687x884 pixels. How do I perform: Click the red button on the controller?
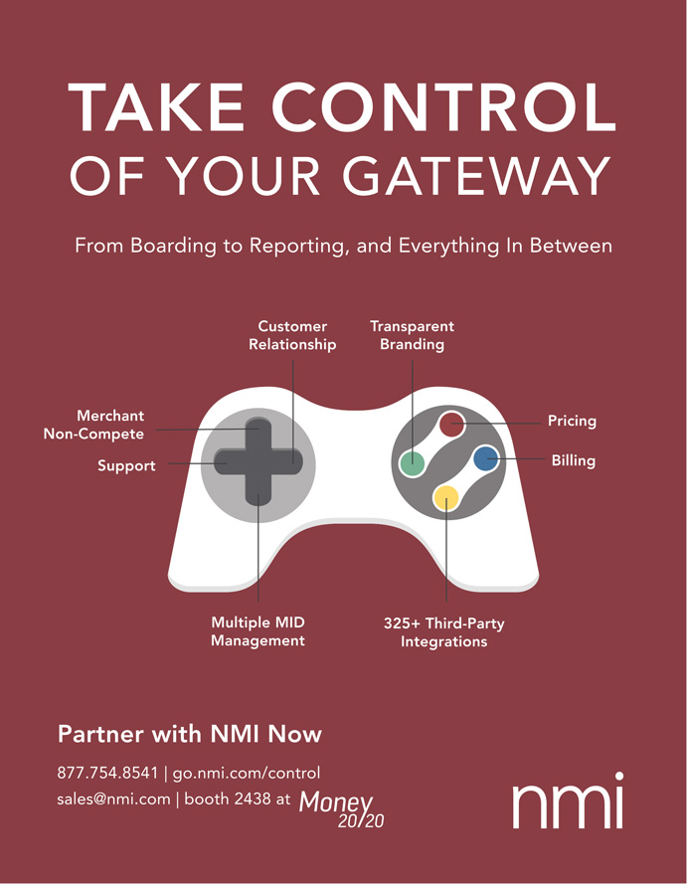pos(452,424)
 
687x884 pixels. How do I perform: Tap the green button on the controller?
pos(412,462)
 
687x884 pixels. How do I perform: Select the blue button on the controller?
pos(485,458)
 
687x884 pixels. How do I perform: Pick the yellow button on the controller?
pos(446,497)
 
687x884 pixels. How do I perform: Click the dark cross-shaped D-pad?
pos(258,461)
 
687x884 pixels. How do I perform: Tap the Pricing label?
pos(572,421)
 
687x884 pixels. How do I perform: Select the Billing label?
pos(573,461)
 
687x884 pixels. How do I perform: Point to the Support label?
pos(126,465)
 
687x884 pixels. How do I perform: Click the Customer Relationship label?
pos(292,335)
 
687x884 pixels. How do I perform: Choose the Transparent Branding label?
pos(412,335)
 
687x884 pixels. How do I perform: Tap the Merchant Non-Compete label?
pos(93,425)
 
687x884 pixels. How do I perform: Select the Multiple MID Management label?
pos(258,631)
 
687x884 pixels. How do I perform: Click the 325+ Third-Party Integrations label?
pos(443,632)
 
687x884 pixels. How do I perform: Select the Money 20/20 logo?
pos(340,807)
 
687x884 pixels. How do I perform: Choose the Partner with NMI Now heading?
pos(190,735)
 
